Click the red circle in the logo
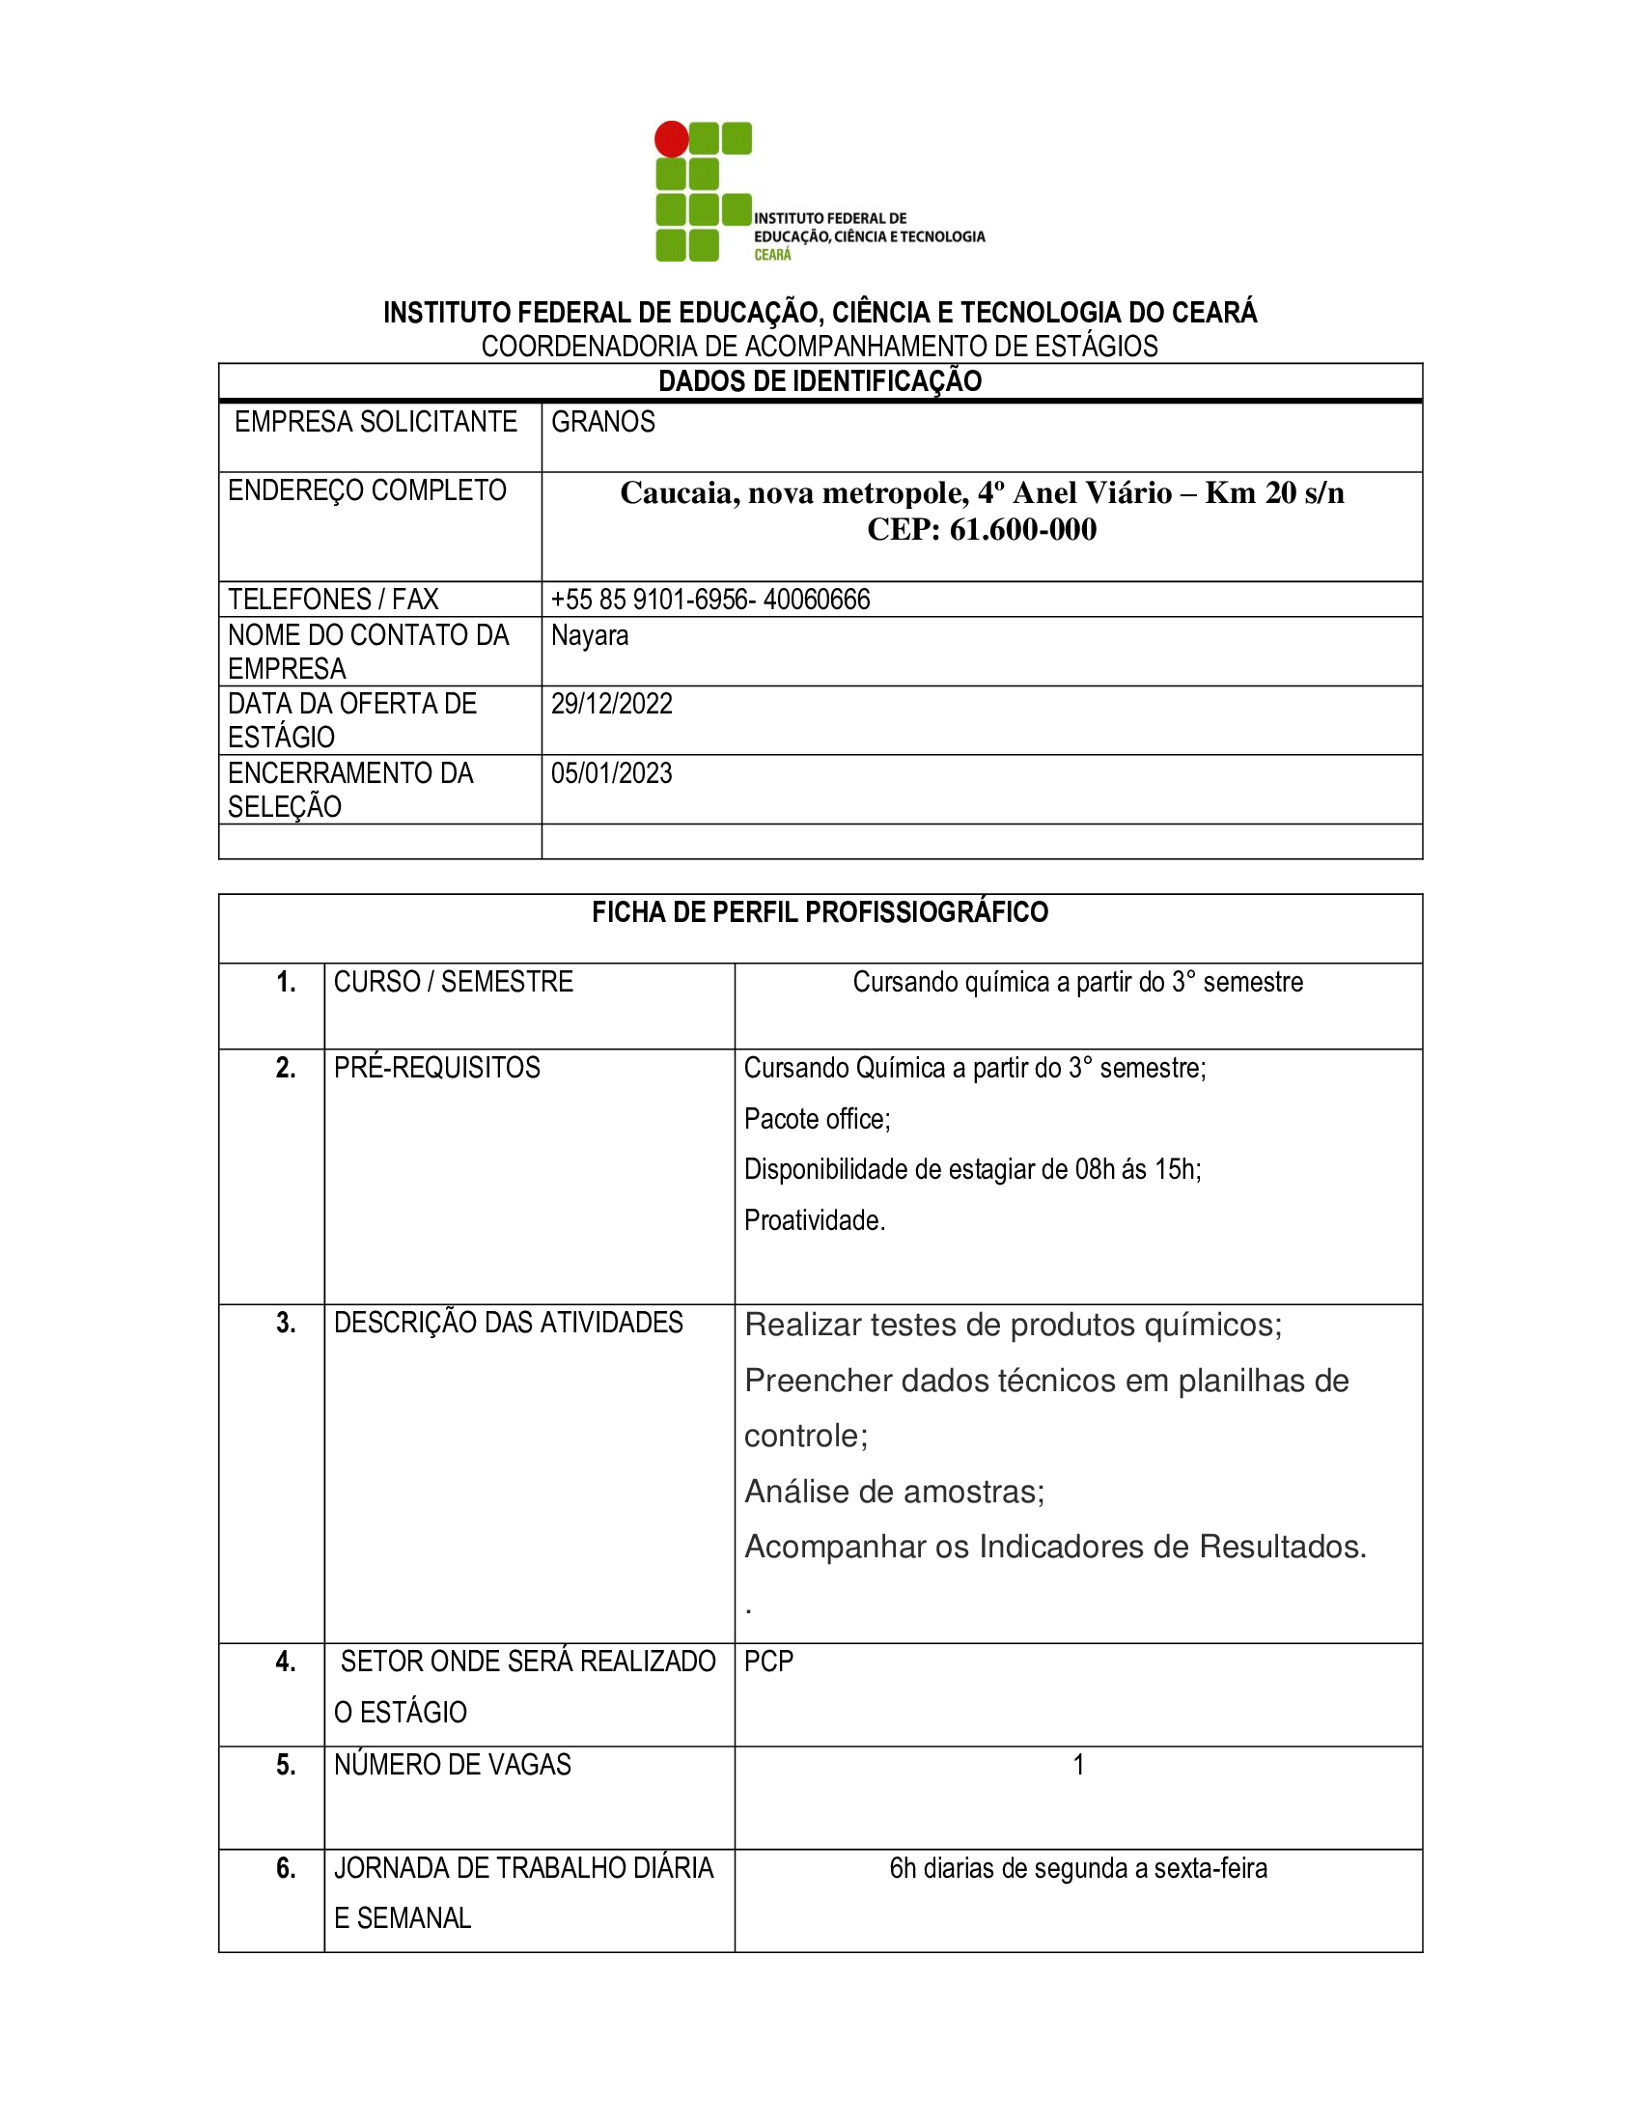click(671, 139)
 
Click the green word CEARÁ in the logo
click(773, 255)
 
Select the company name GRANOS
click(602, 422)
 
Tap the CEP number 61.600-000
click(1022, 530)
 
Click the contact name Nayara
click(589, 635)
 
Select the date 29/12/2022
click(611, 704)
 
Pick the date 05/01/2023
click(611, 773)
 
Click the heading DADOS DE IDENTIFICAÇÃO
click(820, 381)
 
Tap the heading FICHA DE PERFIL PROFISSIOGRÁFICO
click(820, 912)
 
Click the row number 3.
click(286, 1323)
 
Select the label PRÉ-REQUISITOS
click(436, 1068)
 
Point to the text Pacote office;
click(817, 1119)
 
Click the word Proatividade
click(814, 1220)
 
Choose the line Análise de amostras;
click(895, 1492)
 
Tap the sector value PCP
click(768, 1662)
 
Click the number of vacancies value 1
click(1078, 1765)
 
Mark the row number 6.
click(286, 1868)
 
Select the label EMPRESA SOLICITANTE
click(375, 422)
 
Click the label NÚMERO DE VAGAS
click(452, 1765)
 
